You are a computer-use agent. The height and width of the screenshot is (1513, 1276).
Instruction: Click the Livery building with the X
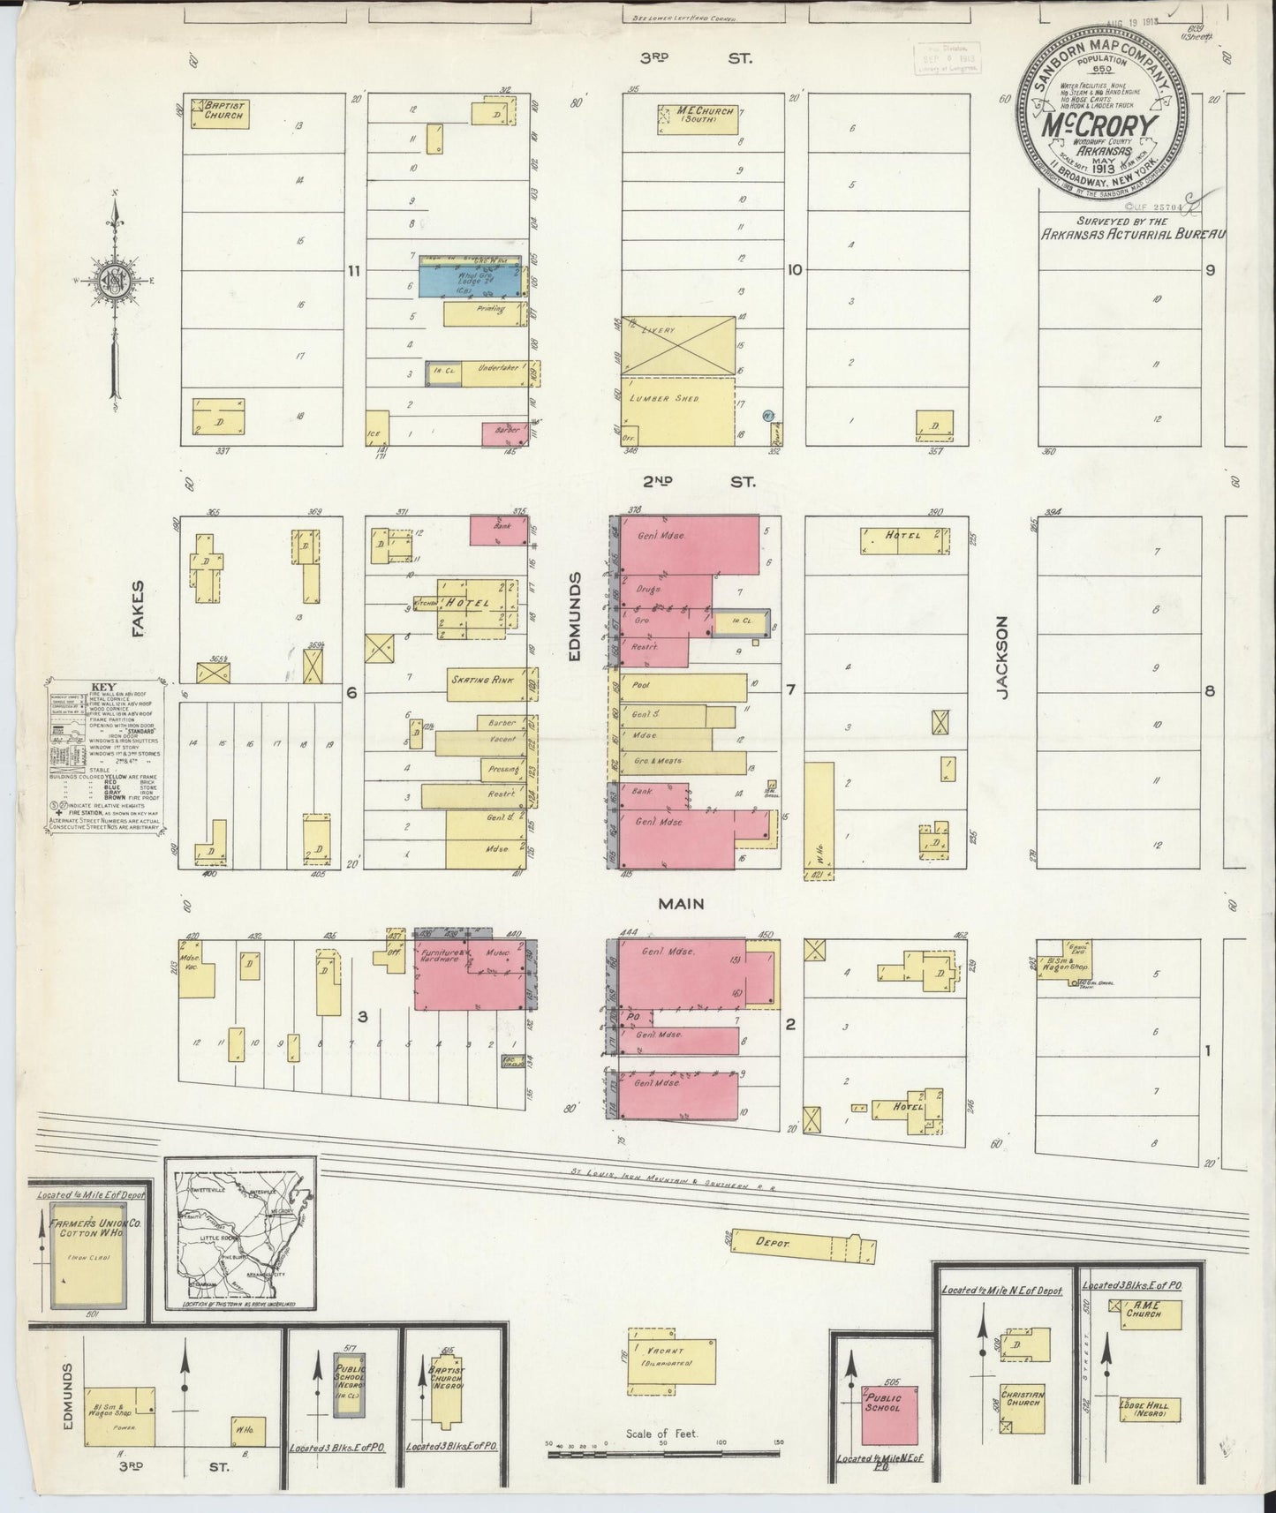(x=677, y=345)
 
